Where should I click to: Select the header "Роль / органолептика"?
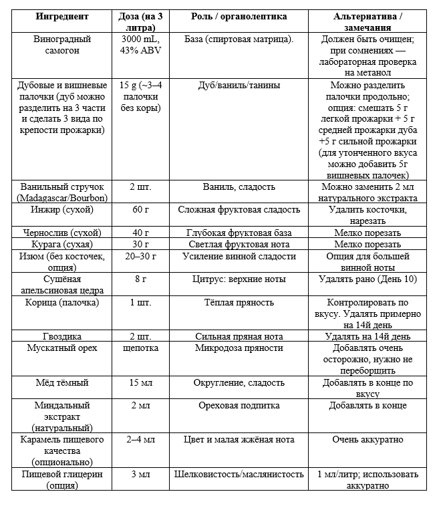coord(239,16)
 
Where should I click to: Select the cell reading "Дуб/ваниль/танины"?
coord(239,86)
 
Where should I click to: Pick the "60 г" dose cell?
coord(140,210)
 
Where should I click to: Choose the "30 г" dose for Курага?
coord(140,244)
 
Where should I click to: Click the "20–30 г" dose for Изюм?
coord(140,256)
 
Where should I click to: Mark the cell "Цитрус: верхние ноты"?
coord(239,279)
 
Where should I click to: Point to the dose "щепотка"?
coord(140,348)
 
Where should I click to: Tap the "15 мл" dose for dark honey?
coord(140,383)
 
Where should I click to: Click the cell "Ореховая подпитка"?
coord(239,406)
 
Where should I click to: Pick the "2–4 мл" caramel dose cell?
coord(140,440)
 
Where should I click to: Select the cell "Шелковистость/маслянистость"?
coord(239,475)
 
